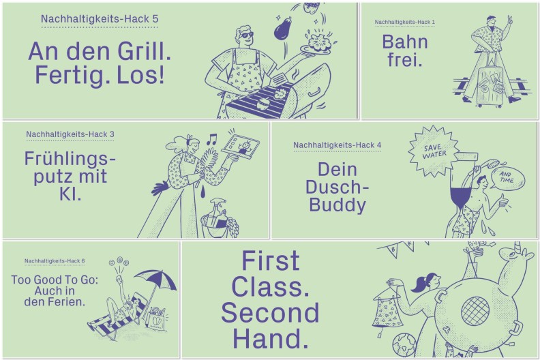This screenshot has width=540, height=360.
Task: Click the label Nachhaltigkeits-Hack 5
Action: [100, 18]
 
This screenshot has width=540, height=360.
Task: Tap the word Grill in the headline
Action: [144, 51]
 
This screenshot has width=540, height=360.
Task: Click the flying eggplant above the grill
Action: [284, 27]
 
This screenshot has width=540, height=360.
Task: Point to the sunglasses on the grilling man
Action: [247, 35]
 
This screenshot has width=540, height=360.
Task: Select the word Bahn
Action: [405, 42]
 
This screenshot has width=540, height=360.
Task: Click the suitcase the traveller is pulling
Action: [490, 85]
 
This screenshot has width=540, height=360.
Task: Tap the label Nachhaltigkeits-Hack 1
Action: [404, 22]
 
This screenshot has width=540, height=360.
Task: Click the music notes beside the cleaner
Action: [211, 140]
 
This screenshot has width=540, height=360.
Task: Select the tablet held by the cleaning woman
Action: [241, 145]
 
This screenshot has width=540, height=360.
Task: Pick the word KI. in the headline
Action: [70, 194]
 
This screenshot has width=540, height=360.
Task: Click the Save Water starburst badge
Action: [433, 151]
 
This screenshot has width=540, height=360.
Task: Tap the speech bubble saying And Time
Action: [508, 178]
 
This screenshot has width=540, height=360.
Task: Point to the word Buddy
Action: [337, 205]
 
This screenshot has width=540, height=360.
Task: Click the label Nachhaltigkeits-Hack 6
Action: [55, 261]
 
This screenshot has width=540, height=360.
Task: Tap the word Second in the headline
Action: [271, 313]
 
